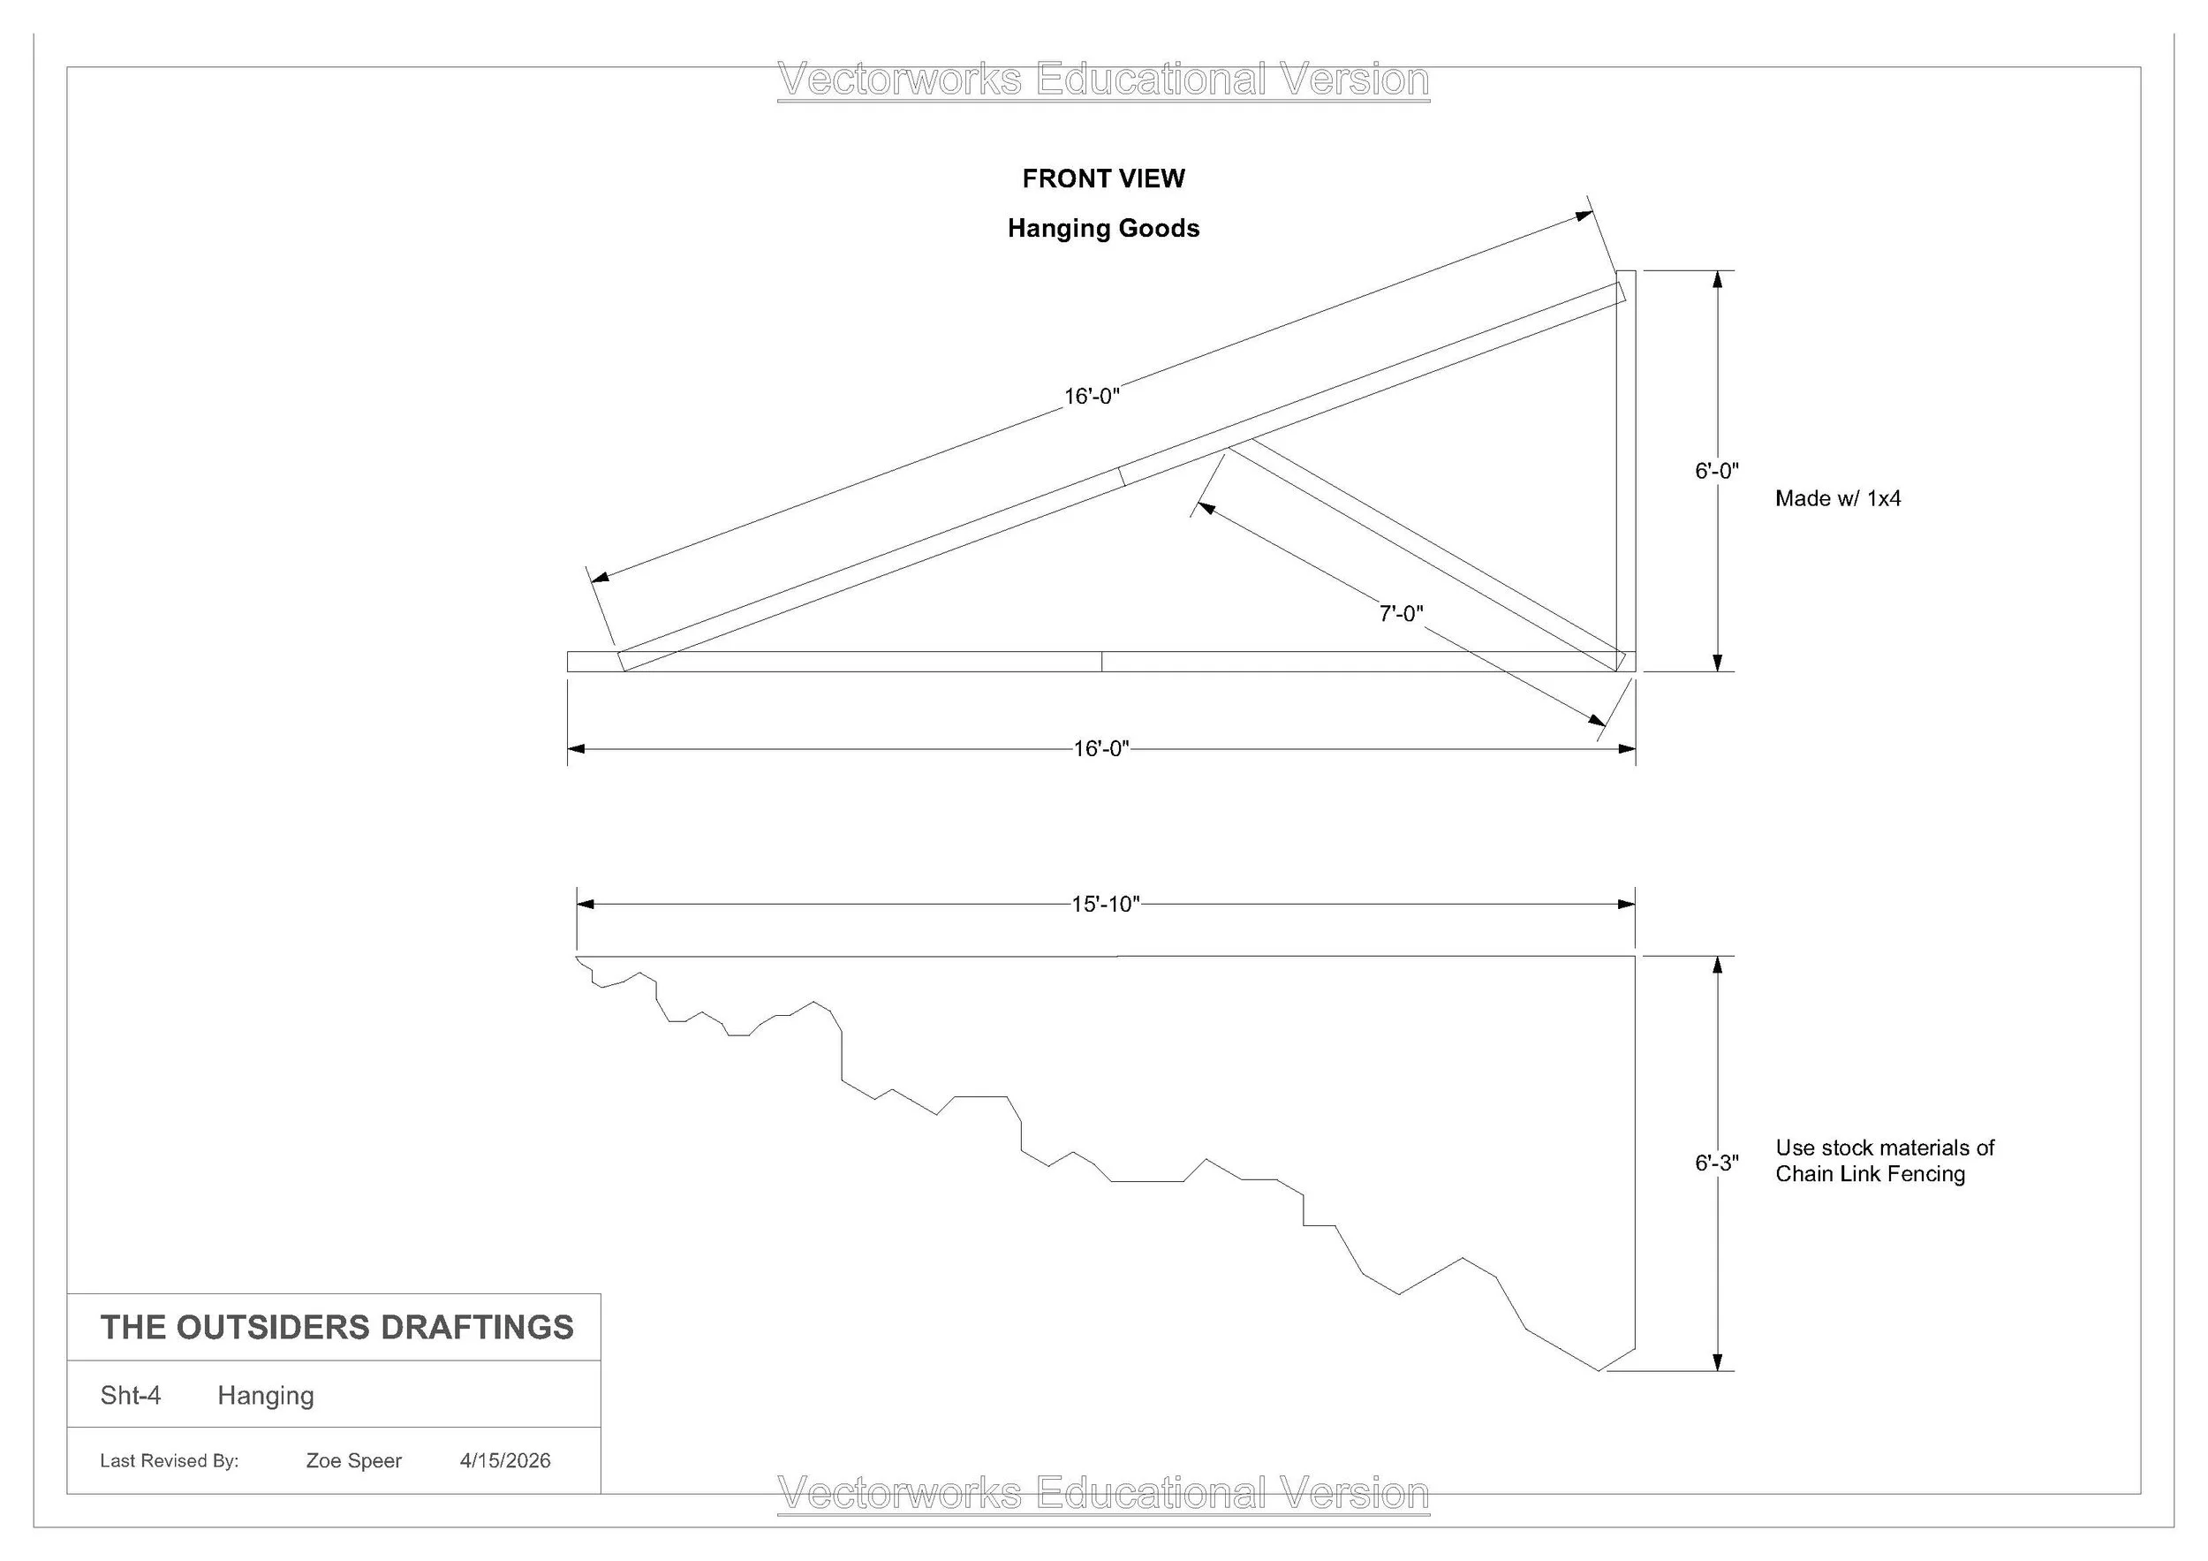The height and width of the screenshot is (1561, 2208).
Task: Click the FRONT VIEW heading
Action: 1103,179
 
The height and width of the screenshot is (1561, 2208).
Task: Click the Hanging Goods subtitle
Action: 1103,229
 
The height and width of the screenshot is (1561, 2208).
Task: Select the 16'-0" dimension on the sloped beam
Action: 1092,397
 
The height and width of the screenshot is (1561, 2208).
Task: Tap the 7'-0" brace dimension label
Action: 1401,614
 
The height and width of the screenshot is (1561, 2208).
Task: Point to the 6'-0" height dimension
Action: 1717,471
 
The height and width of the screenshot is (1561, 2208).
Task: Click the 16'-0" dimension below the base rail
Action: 1101,749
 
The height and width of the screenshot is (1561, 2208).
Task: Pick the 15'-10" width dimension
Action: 1106,904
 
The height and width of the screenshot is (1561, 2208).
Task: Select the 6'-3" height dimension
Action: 1717,1163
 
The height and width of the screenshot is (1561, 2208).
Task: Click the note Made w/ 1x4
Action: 1838,499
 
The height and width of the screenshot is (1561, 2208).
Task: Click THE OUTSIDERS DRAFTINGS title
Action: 336,1327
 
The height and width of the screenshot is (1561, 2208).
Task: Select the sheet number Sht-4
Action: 131,1396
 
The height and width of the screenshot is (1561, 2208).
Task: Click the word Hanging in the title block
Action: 266,1397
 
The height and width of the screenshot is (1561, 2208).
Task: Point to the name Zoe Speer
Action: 354,1461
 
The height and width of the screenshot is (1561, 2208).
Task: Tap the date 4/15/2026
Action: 505,1461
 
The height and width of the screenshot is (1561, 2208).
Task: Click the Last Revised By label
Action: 170,1461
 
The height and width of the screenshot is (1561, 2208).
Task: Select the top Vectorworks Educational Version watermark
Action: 1103,80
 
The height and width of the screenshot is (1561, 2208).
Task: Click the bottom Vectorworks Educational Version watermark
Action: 1103,1494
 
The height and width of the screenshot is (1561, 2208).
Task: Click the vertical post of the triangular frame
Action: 1625,470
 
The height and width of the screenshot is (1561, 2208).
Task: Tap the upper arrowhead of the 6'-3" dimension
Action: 1718,966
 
